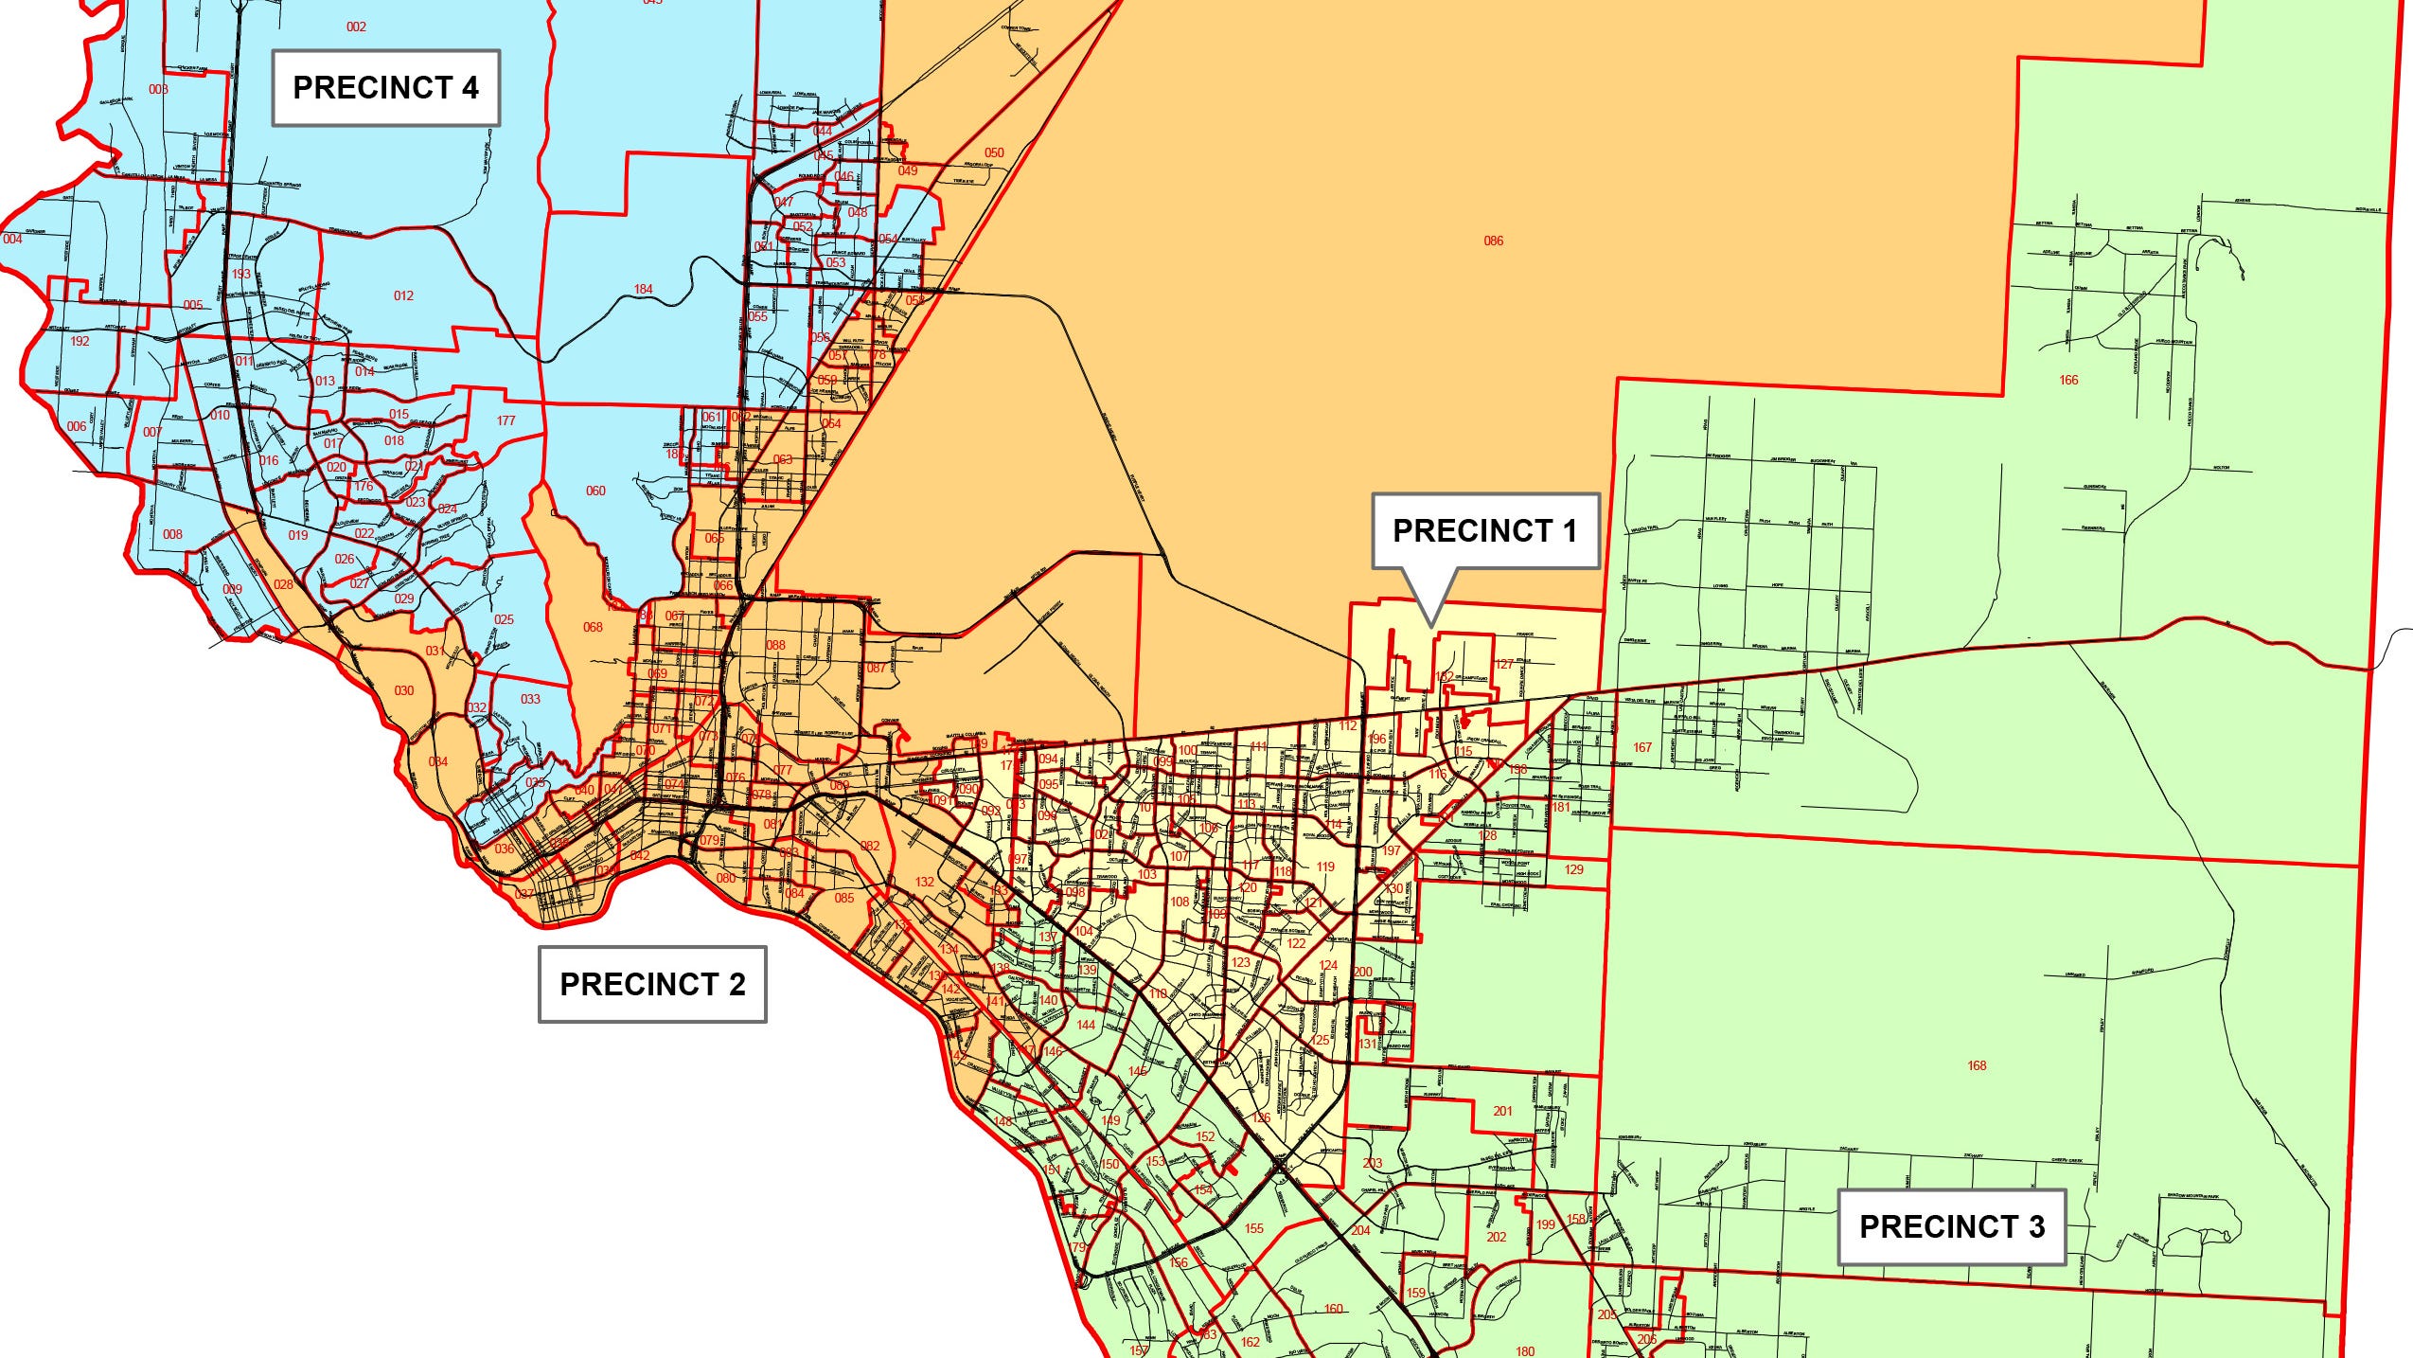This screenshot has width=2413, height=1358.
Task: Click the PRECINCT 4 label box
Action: [x=385, y=88]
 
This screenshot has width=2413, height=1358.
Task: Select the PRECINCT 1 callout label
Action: [x=1485, y=530]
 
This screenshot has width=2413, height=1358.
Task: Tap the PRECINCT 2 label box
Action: [x=652, y=984]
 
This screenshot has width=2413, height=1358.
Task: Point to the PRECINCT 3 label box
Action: [x=1951, y=1226]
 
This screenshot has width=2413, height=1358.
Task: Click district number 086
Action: [x=1493, y=241]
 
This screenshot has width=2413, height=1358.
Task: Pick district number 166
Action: [x=2068, y=380]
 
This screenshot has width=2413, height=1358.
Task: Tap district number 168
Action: [x=1977, y=1065]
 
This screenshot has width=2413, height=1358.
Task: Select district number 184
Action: [x=643, y=289]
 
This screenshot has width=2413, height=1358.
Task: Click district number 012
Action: [x=403, y=295]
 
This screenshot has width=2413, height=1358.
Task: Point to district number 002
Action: [x=356, y=27]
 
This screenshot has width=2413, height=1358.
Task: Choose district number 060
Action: [x=595, y=491]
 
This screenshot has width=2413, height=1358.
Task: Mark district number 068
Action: [x=593, y=627]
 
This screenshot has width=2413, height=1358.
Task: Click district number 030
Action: [x=403, y=690]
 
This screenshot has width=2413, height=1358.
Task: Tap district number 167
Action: [x=1641, y=747]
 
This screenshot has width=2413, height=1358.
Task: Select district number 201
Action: [x=1502, y=1111]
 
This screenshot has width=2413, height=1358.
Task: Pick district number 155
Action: [x=1253, y=1228]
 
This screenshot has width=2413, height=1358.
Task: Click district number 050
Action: [x=994, y=152]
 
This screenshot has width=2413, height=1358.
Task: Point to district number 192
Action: [x=80, y=341]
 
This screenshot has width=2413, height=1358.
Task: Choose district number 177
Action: [x=506, y=420]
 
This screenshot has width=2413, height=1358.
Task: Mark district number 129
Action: [x=1573, y=869]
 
